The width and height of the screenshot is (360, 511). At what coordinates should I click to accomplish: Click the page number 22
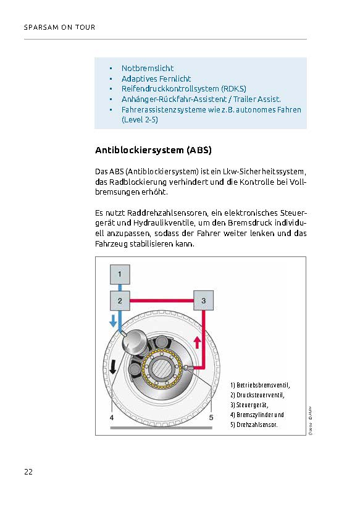click(x=28, y=471)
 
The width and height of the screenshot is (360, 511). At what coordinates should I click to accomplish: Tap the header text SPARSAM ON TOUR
click(x=60, y=27)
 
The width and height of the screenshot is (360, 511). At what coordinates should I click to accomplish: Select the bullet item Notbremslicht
click(x=147, y=69)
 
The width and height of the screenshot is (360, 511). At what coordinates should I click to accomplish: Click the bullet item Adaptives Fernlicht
click(x=156, y=79)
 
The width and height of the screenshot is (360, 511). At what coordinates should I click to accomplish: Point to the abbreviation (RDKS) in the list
click(x=233, y=88)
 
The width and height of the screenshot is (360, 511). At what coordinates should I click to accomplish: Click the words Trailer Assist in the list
click(x=257, y=99)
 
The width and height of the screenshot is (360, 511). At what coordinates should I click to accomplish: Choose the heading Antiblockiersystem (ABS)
click(x=154, y=150)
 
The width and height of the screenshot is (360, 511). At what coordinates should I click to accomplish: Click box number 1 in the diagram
click(x=120, y=274)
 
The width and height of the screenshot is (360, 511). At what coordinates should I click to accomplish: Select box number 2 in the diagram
click(x=120, y=301)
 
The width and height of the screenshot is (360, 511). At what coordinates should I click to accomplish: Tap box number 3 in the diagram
click(x=204, y=300)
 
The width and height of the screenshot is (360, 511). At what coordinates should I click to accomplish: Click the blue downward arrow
click(x=113, y=321)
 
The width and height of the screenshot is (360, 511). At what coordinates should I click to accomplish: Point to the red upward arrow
click(x=197, y=342)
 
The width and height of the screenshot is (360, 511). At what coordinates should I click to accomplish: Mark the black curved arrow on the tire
click(x=113, y=366)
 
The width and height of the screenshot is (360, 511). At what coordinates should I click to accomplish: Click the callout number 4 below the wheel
click(x=112, y=418)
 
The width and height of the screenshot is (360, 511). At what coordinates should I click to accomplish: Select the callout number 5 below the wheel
click(x=211, y=418)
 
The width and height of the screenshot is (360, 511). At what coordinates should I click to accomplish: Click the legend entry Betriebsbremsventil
click(x=260, y=385)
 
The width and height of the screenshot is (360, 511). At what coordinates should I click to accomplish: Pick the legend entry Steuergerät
click(x=249, y=405)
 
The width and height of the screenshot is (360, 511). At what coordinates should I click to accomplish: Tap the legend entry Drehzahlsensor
click(x=254, y=424)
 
